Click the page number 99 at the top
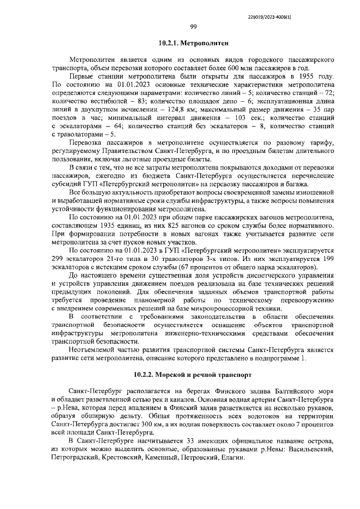coord(193,26)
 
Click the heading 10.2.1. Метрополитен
coord(193,43)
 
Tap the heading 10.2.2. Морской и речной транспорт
coord(193,374)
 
